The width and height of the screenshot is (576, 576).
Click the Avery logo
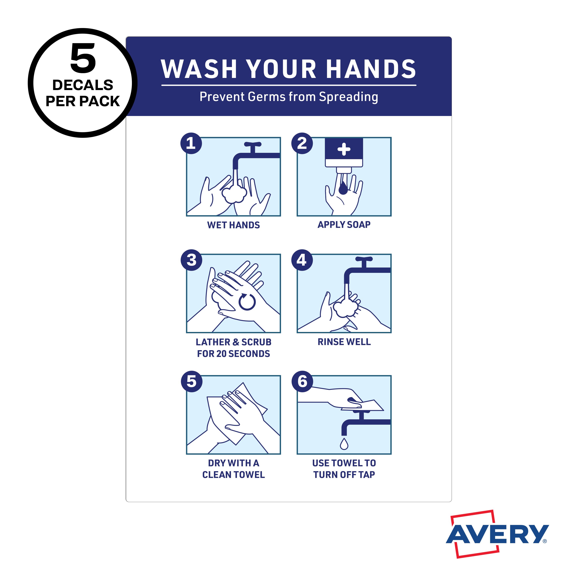(x=497, y=534)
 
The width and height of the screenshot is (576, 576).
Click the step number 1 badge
(x=191, y=143)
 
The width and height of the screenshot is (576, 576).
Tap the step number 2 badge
(x=302, y=143)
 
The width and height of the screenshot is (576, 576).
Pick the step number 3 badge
(x=191, y=260)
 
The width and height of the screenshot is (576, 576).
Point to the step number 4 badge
(x=302, y=260)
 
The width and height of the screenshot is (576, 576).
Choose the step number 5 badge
(x=192, y=381)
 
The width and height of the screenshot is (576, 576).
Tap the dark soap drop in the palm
(x=343, y=188)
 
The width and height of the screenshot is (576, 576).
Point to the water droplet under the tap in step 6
(x=344, y=444)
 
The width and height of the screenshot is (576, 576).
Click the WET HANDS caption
(x=233, y=225)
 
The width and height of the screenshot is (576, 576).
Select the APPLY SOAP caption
(x=344, y=224)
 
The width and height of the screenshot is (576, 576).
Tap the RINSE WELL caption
(x=344, y=342)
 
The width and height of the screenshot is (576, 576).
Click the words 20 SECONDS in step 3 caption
(x=243, y=354)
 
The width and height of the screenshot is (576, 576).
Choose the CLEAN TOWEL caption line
(x=233, y=475)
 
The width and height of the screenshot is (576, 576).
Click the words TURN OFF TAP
(x=344, y=475)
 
